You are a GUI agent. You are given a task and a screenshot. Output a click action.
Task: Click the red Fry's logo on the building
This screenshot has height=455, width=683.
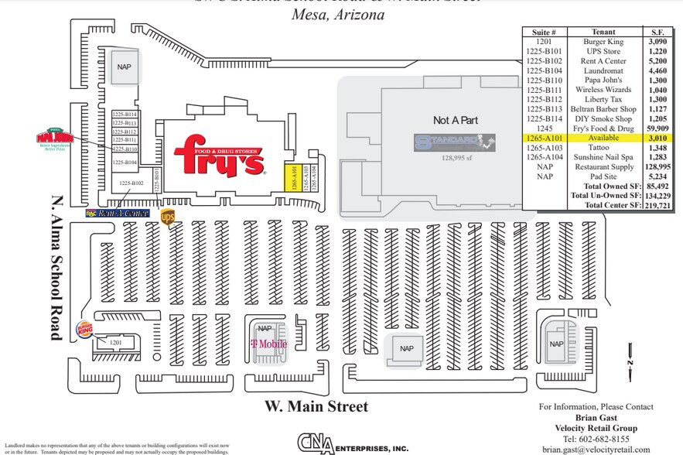[220, 156]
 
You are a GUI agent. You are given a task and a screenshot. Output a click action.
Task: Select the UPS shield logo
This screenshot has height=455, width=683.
[168, 216]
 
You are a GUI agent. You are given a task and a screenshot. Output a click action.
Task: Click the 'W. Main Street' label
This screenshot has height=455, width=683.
[316, 406]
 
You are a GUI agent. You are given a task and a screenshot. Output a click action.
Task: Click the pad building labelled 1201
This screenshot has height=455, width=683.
[116, 341]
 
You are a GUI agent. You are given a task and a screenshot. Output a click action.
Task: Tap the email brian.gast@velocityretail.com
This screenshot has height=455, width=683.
[596, 449]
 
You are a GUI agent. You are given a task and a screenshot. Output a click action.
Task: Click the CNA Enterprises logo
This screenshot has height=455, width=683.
[352, 443]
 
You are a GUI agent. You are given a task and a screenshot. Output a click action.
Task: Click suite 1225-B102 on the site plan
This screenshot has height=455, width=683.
[131, 183]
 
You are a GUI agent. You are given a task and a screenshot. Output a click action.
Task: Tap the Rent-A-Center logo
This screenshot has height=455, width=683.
[118, 213]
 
